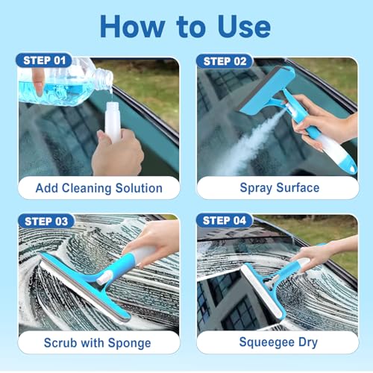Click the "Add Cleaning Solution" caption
click(x=98, y=187)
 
